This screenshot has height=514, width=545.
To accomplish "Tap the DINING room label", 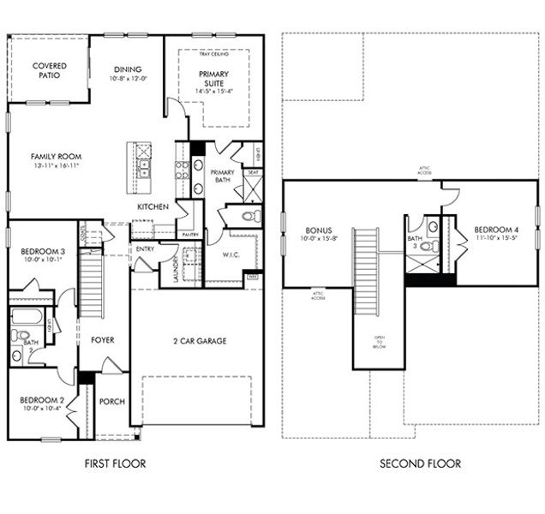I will (x=126, y=69).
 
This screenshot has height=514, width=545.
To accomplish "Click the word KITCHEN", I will (x=153, y=207).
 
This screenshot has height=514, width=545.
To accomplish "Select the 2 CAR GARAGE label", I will (x=196, y=341).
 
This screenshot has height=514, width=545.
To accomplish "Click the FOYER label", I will (x=103, y=340).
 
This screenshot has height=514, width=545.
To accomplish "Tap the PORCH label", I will (x=111, y=401).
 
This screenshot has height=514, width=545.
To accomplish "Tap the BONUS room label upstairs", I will (x=318, y=230).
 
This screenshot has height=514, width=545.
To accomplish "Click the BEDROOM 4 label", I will (x=484, y=230).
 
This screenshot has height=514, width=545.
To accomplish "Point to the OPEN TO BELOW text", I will (x=378, y=342).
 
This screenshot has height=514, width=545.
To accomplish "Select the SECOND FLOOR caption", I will (x=420, y=463).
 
